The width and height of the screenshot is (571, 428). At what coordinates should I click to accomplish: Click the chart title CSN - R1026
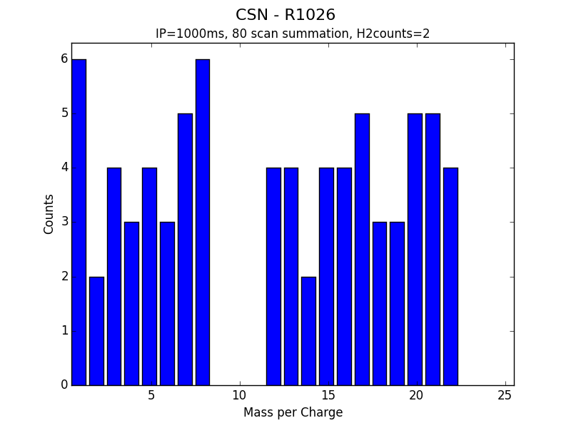coord(285,15)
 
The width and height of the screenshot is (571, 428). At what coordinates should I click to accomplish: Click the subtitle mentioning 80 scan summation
coord(293,34)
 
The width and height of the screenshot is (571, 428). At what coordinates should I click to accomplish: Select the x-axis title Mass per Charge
coord(293,412)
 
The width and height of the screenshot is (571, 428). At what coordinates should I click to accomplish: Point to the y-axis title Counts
coord(49,214)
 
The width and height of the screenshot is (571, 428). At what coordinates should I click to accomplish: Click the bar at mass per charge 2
coord(96,331)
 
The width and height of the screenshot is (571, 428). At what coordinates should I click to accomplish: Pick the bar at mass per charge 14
coord(308,331)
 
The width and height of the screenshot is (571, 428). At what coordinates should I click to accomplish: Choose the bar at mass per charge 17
coord(362,250)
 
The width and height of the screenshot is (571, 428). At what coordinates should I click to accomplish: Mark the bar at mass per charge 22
coord(450,277)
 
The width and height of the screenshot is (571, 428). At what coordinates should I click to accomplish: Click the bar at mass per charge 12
coord(273,277)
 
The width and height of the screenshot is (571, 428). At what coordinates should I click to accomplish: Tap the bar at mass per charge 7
coord(185,250)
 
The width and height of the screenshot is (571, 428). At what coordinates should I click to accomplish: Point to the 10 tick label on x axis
coord(239,395)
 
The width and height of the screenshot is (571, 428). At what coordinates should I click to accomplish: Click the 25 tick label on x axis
coord(505,395)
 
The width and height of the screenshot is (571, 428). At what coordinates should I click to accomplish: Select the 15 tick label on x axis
coord(328,395)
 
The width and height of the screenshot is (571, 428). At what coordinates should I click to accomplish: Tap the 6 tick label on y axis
coord(64,59)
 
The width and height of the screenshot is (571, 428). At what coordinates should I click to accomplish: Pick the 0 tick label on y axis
coord(64,385)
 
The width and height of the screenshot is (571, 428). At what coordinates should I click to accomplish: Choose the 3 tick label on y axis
coord(64,222)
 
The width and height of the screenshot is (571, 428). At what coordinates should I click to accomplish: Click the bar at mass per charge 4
coord(131,304)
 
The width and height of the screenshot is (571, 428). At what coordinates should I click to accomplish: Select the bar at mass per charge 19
coord(397,304)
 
